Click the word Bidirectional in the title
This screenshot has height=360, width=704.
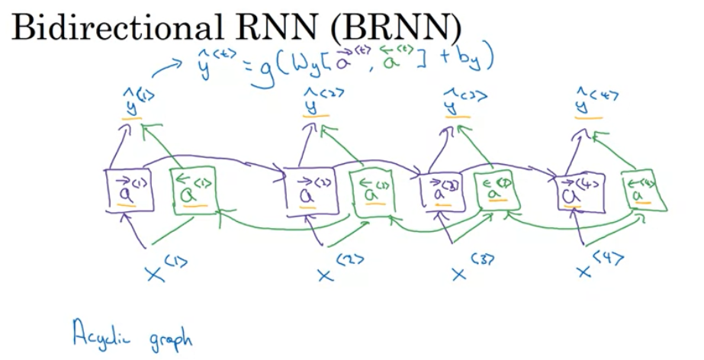pyautogui.click(x=104, y=28)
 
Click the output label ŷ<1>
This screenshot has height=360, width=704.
pyautogui.click(x=134, y=103)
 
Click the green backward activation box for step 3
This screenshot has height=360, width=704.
pyautogui.click(x=500, y=192)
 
